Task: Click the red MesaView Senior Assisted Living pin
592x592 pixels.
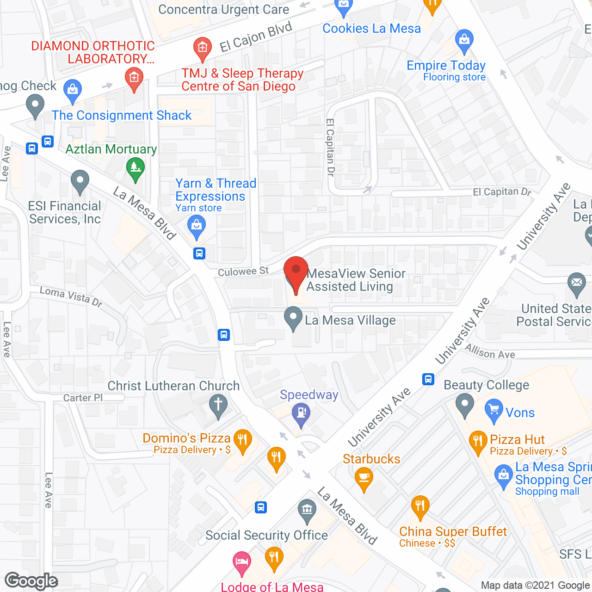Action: tap(296, 271)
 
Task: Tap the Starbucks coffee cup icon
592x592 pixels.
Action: tap(364, 478)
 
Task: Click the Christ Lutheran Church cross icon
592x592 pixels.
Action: tap(218, 405)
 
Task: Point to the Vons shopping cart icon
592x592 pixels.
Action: tap(494, 409)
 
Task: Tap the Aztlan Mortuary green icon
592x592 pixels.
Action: tap(135, 167)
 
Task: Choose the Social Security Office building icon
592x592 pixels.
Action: tap(307, 510)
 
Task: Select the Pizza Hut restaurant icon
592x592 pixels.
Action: tap(478, 441)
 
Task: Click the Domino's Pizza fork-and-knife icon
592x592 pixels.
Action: tap(242, 439)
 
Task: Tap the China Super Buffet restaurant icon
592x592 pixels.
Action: tap(420, 506)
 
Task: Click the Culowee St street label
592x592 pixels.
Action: tap(243, 272)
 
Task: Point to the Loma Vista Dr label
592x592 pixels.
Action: tap(71, 296)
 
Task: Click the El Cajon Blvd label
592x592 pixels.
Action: tap(256, 37)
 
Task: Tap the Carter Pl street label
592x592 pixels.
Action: tap(83, 398)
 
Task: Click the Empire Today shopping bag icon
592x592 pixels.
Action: tap(464, 40)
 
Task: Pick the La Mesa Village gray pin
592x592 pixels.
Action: tap(293, 318)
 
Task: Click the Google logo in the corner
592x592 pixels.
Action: tap(31, 581)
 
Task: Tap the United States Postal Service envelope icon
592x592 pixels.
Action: tap(576, 284)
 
